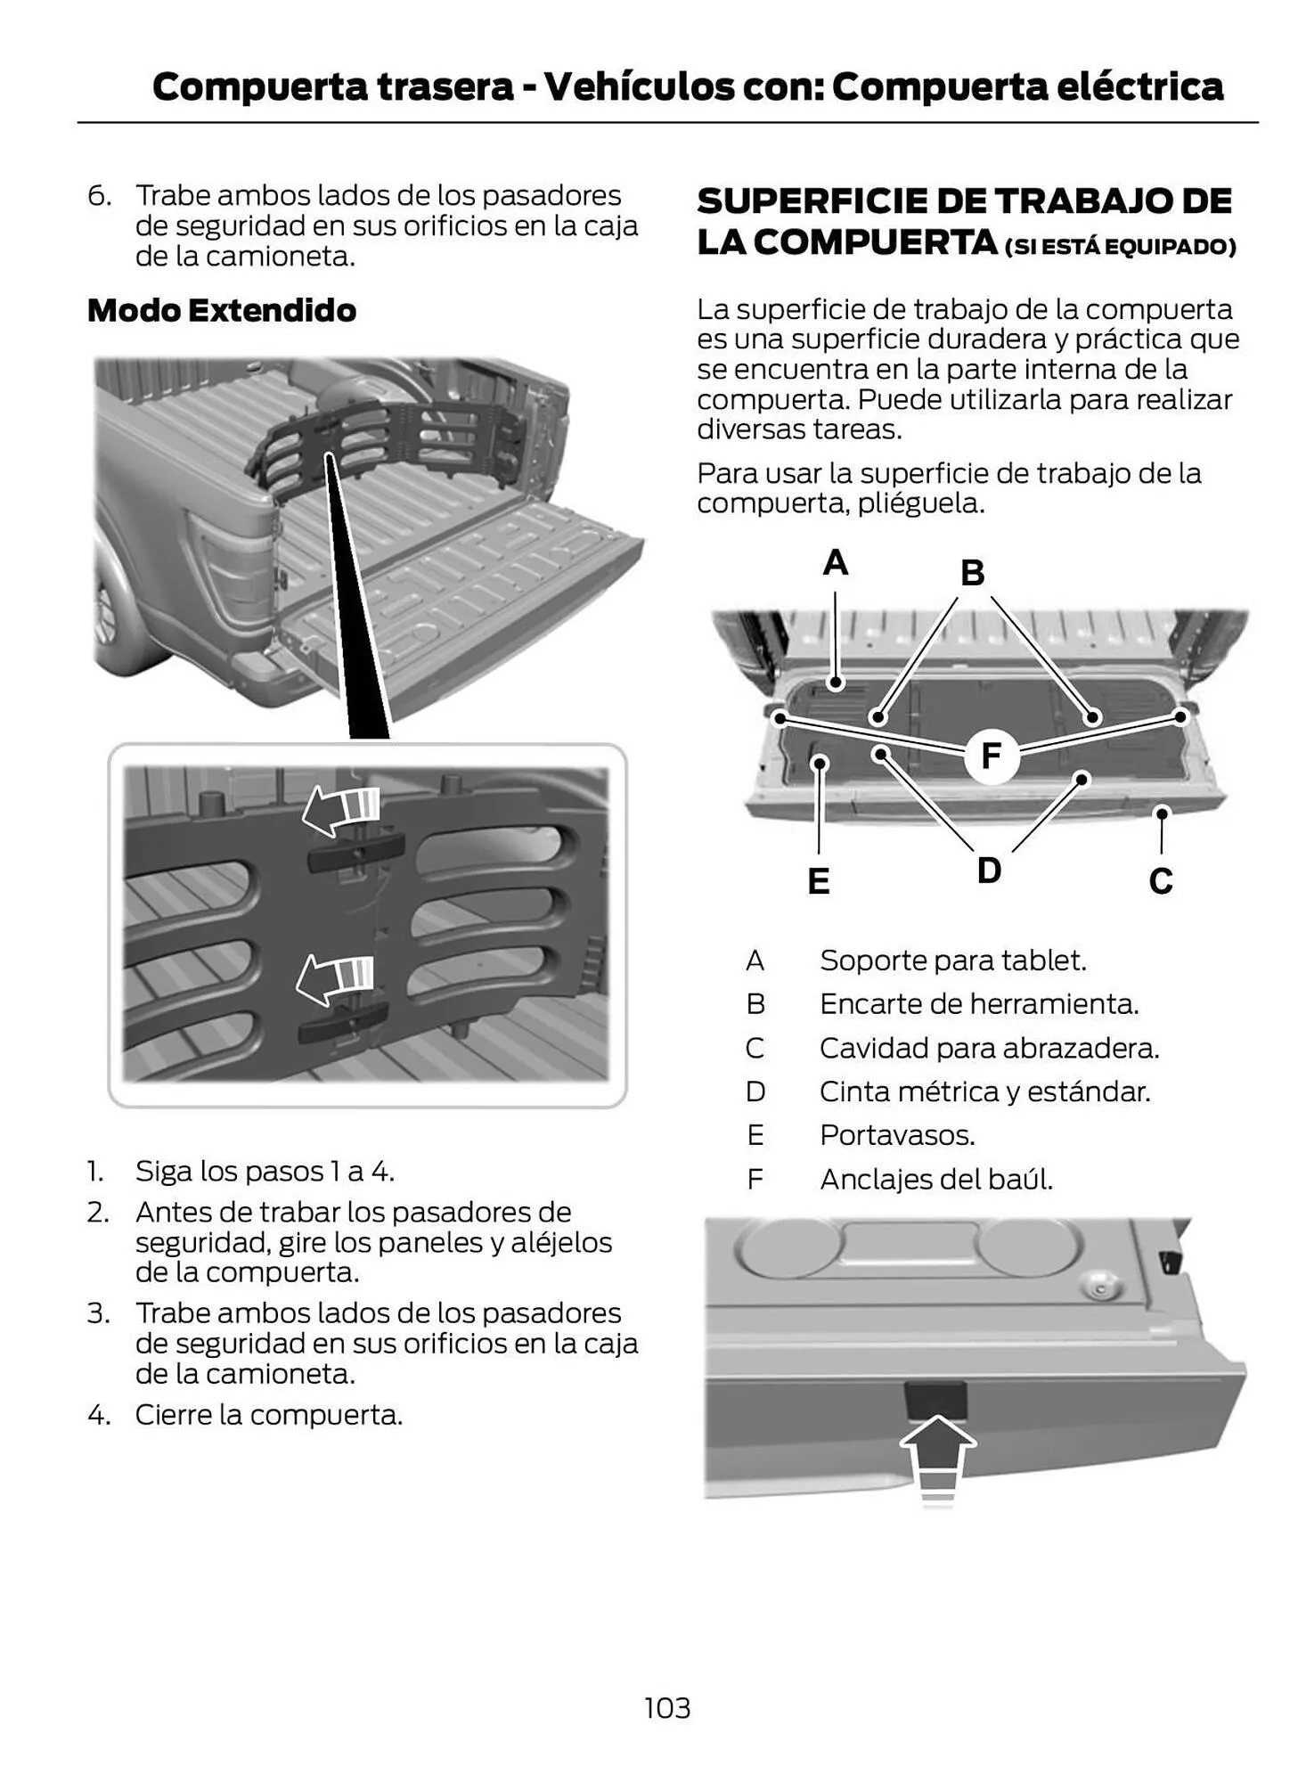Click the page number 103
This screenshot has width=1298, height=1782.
(666, 1708)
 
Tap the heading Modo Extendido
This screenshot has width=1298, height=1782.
(222, 310)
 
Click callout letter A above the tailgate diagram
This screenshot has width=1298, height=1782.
(835, 563)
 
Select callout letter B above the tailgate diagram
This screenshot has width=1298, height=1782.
(972, 573)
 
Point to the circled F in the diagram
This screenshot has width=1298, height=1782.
(991, 756)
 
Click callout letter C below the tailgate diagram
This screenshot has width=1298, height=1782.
(1160, 881)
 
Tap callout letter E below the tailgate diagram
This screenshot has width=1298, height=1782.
(818, 881)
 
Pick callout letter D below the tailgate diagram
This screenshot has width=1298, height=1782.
(989, 870)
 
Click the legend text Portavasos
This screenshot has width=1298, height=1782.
(896, 1135)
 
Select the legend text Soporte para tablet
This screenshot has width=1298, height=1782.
(952, 960)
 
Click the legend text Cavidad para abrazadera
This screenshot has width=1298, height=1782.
(989, 1048)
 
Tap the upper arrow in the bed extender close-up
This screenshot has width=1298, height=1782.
(341, 810)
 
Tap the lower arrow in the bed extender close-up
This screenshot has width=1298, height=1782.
(335, 978)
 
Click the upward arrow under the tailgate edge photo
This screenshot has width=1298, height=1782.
(937, 1457)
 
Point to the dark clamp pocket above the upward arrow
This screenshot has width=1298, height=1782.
(935, 1399)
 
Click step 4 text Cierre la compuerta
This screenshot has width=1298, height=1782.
(268, 1415)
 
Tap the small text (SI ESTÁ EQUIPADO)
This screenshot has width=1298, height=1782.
(1120, 247)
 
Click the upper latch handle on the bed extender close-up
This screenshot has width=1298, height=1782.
(355, 853)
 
